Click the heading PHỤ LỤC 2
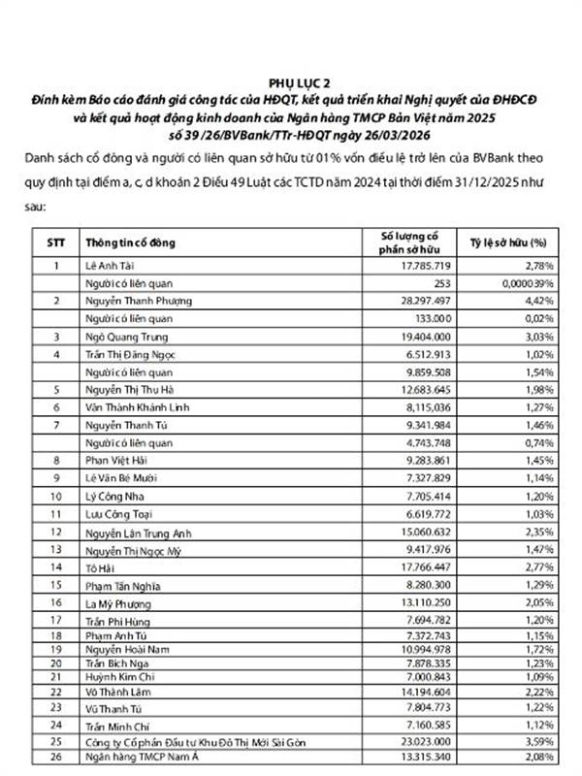pyautogui.click(x=292, y=84)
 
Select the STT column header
pyautogui.click(x=57, y=242)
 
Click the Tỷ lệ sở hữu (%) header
pyautogui.click(x=507, y=242)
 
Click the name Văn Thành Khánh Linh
pyautogui.click(x=140, y=407)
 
